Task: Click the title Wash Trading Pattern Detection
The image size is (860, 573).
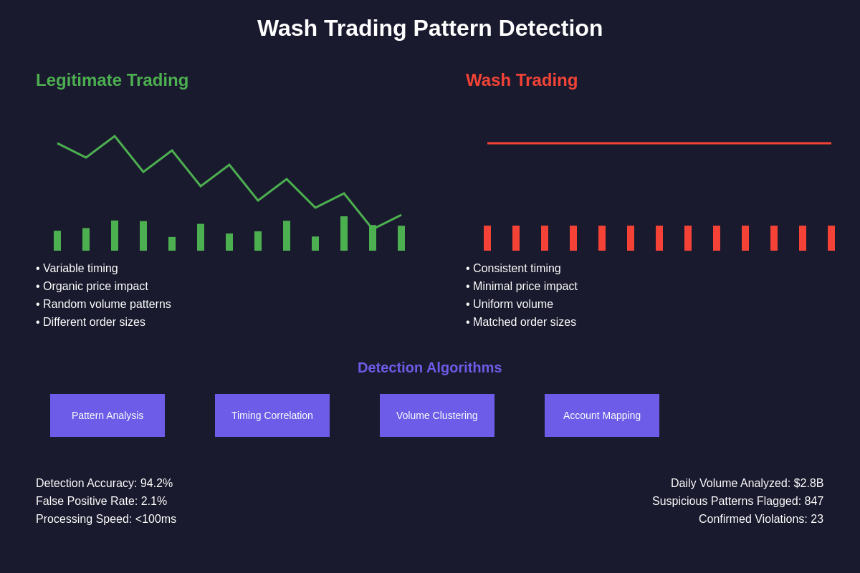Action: (x=430, y=29)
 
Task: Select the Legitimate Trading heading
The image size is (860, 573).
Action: (x=112, y=80)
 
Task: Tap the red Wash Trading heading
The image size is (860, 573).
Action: (x=522, y=80)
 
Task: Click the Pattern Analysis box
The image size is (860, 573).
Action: (x=107, y=415)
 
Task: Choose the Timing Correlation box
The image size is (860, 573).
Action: (x=272, y=415)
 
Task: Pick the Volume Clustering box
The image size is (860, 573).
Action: (x=437, y=415)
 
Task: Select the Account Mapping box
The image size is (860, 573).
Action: (x=602, y=415)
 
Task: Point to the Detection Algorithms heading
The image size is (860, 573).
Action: (x=430, y=367)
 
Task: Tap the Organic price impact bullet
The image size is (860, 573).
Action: (x=92, y=286)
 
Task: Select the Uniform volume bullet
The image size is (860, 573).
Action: (x=510, y=304)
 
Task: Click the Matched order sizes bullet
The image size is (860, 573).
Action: (x=521, y=322)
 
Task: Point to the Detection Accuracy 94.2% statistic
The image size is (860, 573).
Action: (x=105, y=483)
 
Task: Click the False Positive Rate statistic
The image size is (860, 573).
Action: (x=102, y=501)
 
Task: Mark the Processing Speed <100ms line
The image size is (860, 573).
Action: (x=106, y=519)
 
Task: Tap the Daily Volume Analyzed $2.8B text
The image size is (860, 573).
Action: (x=747, y=483)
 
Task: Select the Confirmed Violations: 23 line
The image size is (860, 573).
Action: (x=761, y=519)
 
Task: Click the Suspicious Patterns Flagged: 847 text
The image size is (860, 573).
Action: (x=737, y=501)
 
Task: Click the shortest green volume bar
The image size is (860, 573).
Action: (x=172, y=244)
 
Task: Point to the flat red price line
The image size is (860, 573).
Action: (x=659, y=143)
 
